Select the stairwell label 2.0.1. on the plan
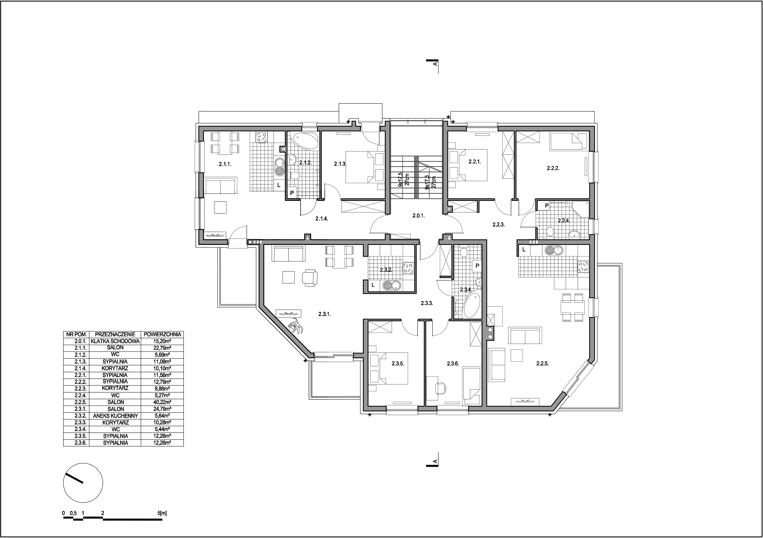[418, 216]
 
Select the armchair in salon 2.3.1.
[310, 278]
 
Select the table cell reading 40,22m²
[162, 402]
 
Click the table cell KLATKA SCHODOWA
[115, 341]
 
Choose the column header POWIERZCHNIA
[162, 334]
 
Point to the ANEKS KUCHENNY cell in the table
[115, 416]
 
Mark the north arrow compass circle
[83, 483]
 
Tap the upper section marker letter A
[435, 64]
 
